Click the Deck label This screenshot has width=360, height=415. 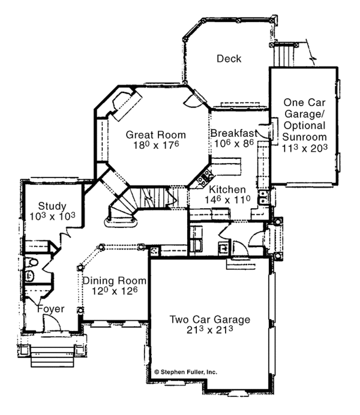click(x=229, y=59)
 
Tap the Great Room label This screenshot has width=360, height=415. click(x=155, y=135)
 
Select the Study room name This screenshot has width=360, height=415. click(x=52, y=206)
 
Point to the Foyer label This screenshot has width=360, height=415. click(x=51, y=309)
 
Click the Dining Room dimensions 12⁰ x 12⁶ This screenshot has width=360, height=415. click(x=115, y=291)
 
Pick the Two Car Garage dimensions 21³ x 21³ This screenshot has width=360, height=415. click(x=209, y=330)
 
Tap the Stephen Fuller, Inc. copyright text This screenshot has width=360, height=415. click(x=185, y=372)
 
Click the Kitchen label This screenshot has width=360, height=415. click(x=227, y=190)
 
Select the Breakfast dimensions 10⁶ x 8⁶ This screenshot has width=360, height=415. click(x=234, y=143)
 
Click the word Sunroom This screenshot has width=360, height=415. click(x=304, y=137)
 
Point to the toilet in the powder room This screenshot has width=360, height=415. click(x=31, y=263)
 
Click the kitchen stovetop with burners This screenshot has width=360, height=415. click(x=205, y=178)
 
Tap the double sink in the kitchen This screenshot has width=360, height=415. click(x=263, y=197)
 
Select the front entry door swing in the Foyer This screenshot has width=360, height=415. click(x=52, y=323)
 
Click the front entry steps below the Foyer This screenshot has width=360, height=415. click(x=52, y=356)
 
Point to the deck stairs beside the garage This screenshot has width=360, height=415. click(x=283, y=56)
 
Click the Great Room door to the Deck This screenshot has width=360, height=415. click(x=195, y=98)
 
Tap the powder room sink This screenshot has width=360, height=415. click(x=29, y=276)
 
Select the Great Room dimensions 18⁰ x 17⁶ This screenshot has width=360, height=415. click(x=156, y=145)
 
